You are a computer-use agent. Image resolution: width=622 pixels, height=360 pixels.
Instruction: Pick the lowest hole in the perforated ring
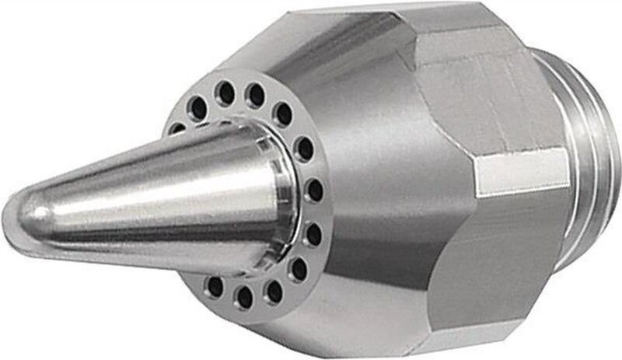244,297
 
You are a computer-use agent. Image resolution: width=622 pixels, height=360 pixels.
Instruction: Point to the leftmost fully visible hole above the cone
198,110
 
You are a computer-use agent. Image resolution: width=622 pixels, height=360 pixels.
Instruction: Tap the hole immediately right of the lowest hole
273,291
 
